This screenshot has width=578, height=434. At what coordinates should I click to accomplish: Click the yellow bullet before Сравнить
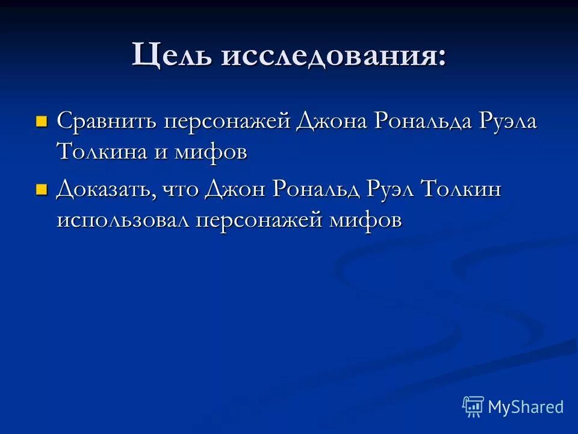(42, 121)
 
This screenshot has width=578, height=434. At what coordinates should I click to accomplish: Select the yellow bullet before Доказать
(42, 190)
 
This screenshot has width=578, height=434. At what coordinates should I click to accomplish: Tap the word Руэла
(509, 121)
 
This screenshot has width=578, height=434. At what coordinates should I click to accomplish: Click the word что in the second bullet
(181, 190)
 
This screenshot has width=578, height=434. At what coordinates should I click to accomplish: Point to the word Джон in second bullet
(235, 190)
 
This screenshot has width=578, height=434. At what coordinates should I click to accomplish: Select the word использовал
(124, 220)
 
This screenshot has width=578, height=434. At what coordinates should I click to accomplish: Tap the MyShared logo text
(526, 407)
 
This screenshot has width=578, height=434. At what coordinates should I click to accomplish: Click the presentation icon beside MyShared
(473, 407)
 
